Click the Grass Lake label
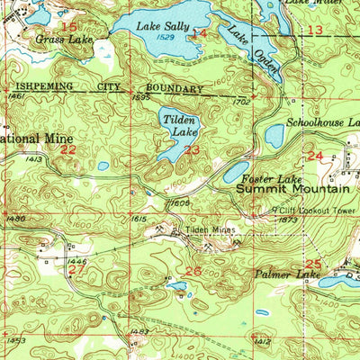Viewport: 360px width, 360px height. click(x=64, y=40)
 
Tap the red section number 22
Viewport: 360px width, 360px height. click(x=68, y=150)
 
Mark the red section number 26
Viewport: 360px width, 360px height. click(x=193, y=271)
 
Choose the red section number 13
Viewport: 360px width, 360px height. click(x=314, y=31)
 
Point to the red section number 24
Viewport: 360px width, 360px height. click(x=314, y=156)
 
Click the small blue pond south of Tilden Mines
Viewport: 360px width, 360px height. click(x=177, y=285)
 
